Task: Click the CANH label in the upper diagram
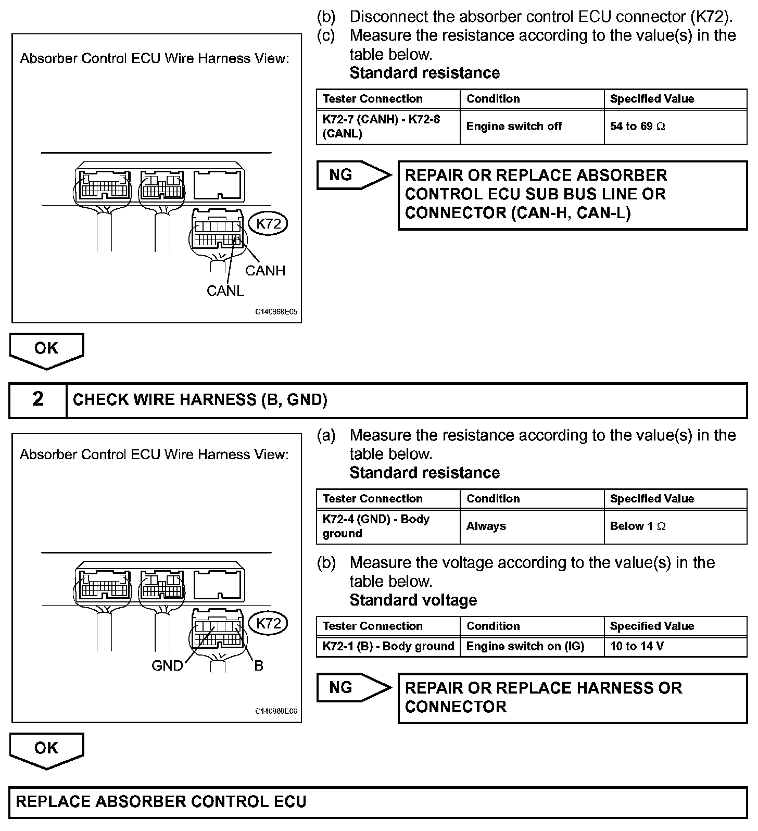265,270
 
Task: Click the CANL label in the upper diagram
225,291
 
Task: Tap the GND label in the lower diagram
167,665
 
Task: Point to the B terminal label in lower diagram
259,665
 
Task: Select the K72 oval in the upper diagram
269,224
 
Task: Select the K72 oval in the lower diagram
269,623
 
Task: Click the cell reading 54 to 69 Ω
675,127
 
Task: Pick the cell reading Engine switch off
532,127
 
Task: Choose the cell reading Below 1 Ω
675,526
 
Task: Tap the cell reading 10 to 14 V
675,647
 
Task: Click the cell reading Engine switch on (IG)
532,647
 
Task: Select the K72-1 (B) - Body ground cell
388,647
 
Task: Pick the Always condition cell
532,526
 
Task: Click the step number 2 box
38,400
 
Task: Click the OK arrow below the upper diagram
46,350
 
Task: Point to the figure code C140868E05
276,312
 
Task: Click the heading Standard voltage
413,600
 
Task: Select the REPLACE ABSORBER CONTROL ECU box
378,801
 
